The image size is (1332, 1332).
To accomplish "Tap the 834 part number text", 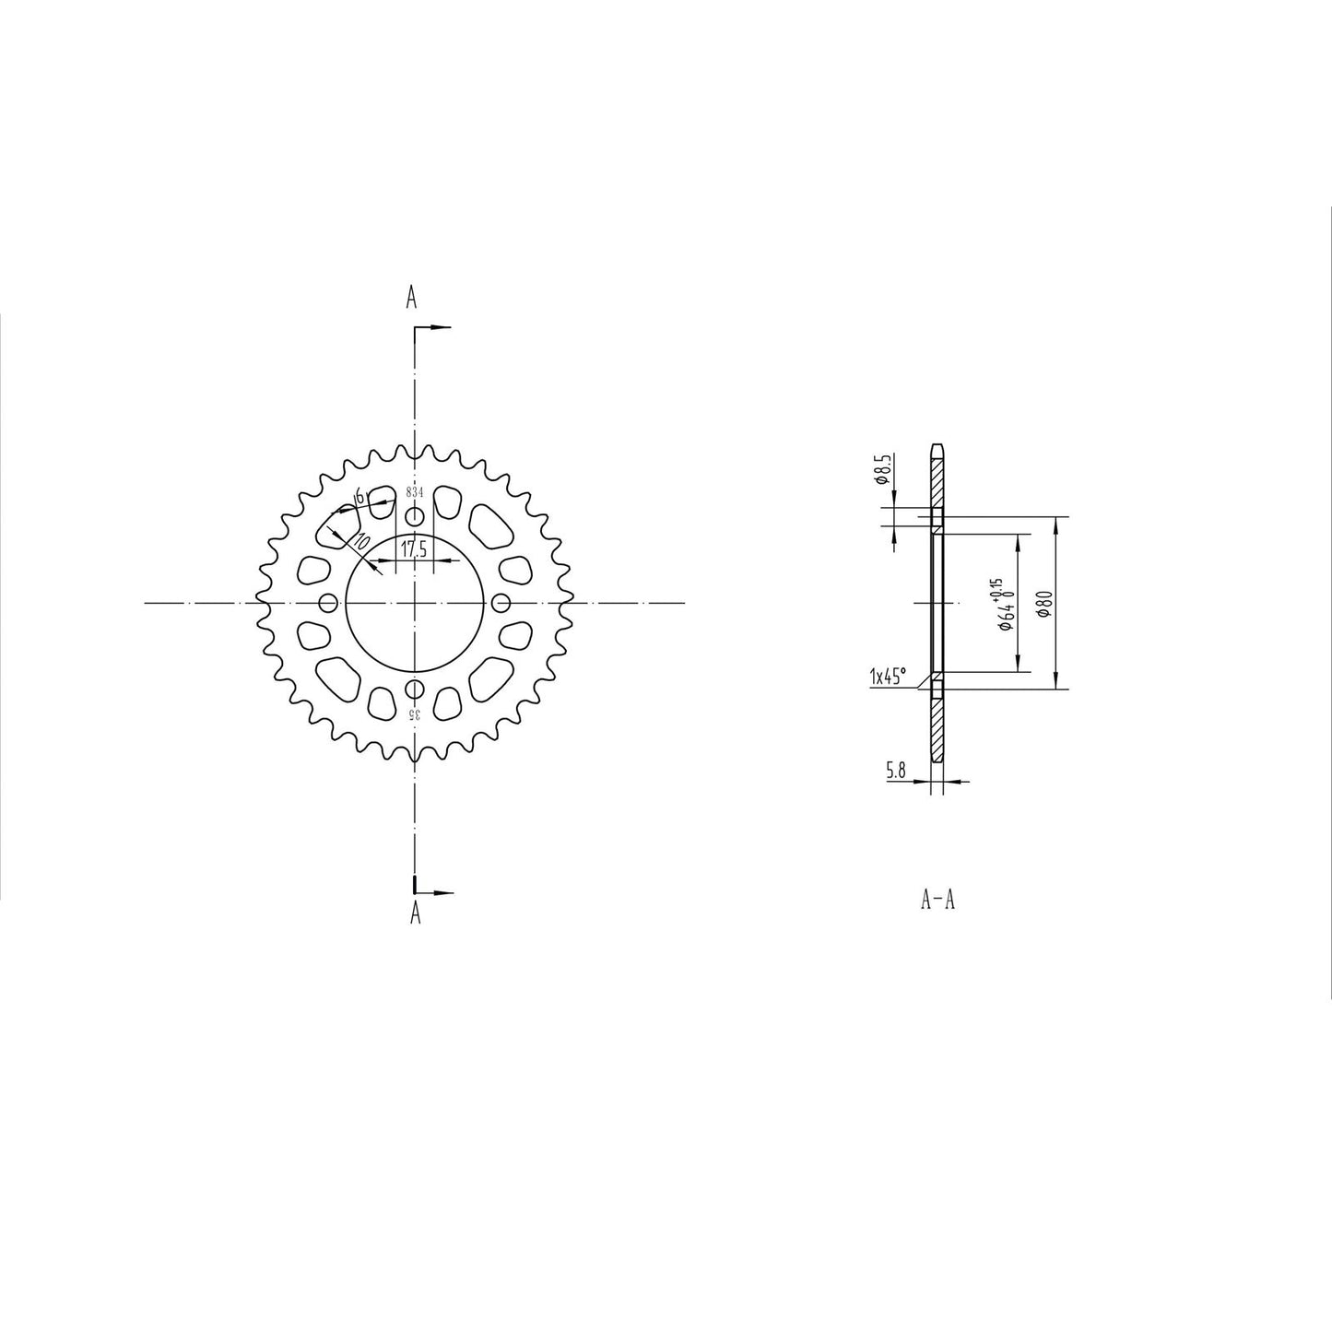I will [x=415, y=493].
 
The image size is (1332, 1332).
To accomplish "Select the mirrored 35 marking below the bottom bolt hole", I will [x=415, y=714].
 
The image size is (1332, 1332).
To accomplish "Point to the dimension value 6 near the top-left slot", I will [x=359, y=495].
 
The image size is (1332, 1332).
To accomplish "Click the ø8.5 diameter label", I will [x=881, y=470].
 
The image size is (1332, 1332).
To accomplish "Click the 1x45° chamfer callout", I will [x=888, y=678].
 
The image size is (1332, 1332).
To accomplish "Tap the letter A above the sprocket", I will [x=412, y=298].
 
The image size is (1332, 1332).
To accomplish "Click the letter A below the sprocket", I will [x=415, y=913].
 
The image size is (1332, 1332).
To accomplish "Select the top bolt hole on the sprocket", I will [x=415, y=515].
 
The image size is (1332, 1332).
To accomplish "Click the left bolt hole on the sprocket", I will [x=326, y=603].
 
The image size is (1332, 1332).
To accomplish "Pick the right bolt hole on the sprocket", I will [x=501, y=603].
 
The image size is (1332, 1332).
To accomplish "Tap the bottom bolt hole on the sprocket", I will [x=415, y=690].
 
